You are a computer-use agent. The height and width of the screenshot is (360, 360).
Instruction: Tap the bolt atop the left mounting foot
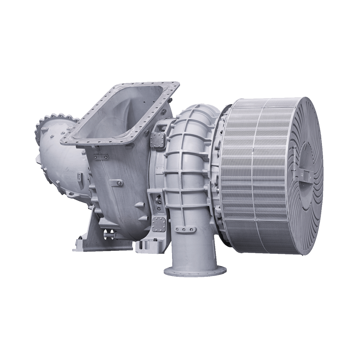tap(80, 237)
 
